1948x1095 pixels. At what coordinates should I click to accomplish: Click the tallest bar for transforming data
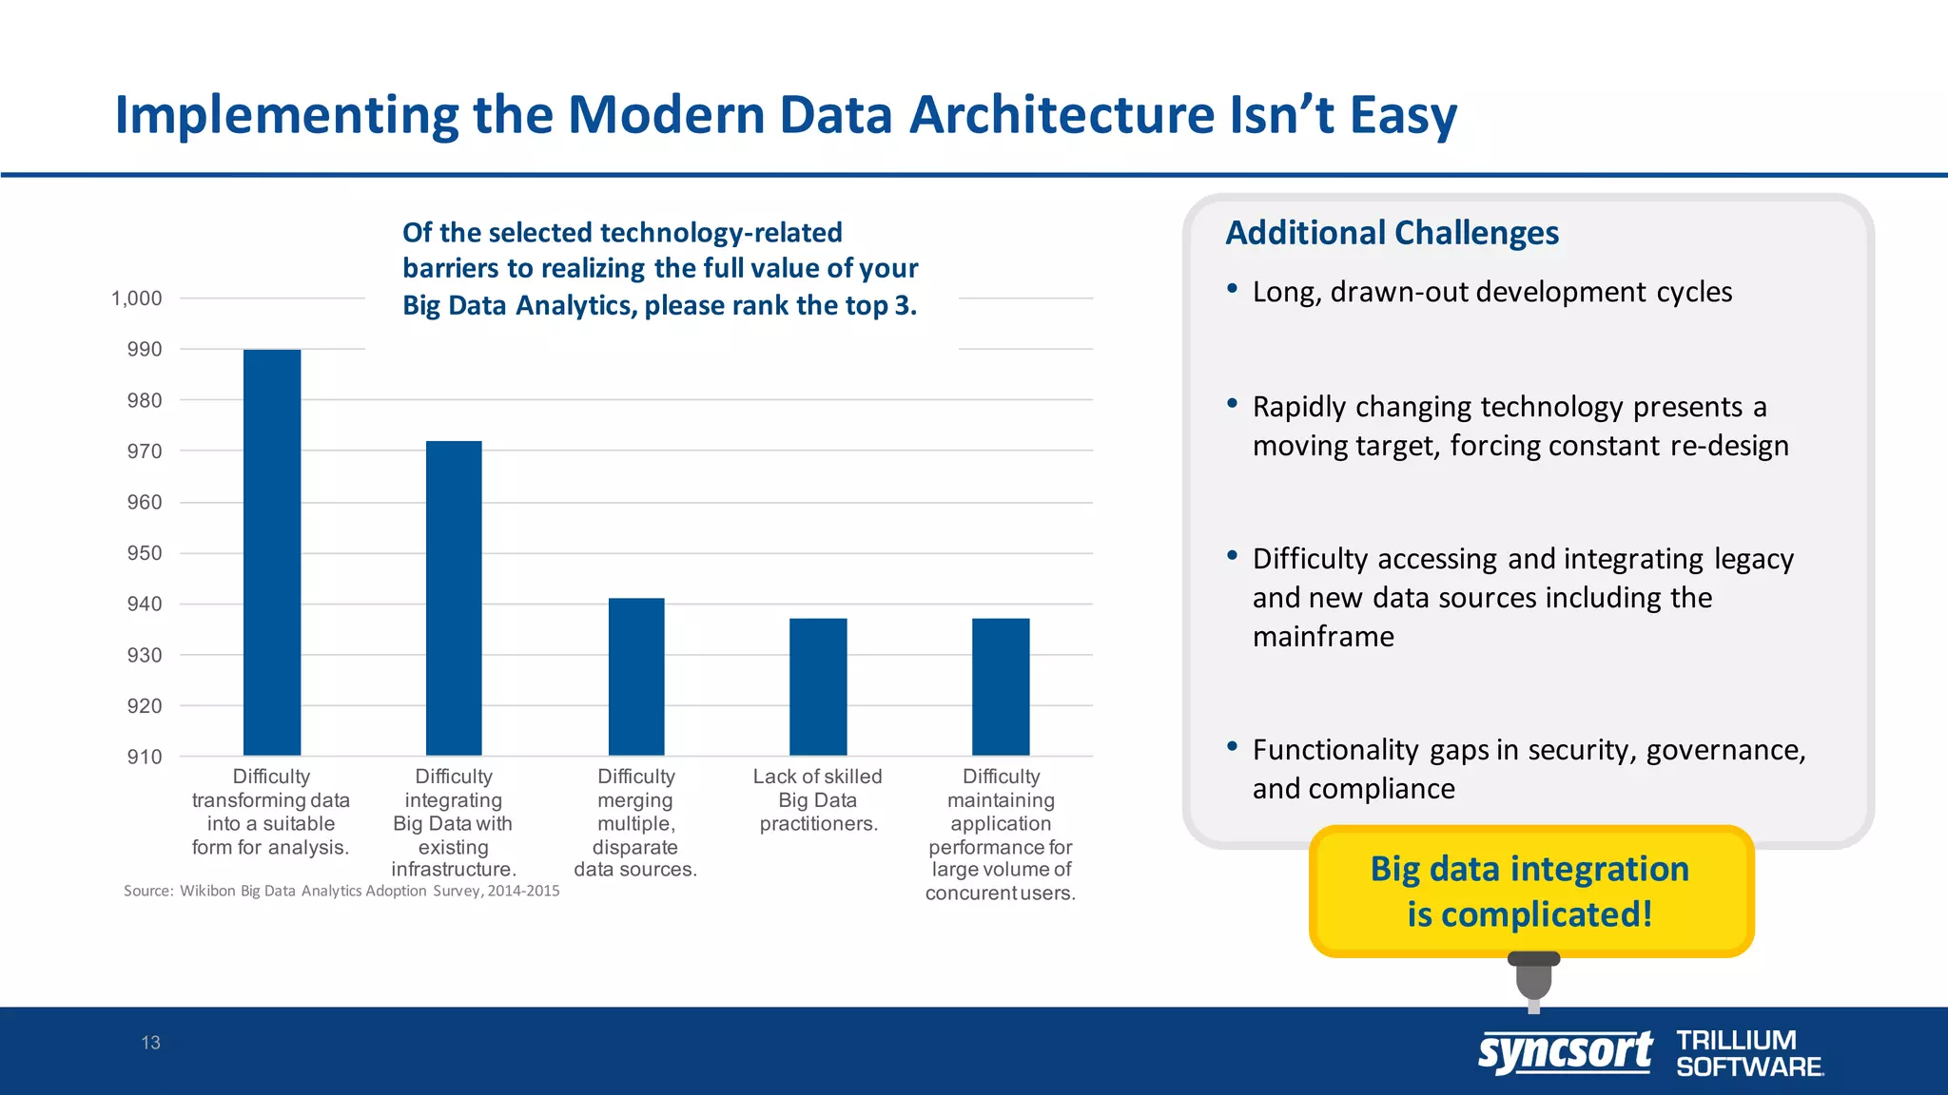272,551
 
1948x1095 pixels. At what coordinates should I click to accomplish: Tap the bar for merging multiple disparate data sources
636,676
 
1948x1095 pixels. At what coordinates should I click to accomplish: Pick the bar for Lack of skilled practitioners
818,686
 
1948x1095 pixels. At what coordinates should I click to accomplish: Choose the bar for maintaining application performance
1001,686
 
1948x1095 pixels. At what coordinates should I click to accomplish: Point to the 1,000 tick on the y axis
137,298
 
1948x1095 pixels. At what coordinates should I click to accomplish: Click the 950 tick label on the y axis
145,553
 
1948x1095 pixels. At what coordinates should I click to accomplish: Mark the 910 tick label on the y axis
145,757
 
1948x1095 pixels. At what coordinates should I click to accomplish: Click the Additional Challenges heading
1392,233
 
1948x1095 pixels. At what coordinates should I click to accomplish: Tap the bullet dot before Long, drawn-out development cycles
1232,288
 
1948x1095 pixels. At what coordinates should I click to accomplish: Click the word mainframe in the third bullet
1323,636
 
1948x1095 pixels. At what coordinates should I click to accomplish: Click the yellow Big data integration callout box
1530,891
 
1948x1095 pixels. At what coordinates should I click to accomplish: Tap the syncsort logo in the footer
1565,1053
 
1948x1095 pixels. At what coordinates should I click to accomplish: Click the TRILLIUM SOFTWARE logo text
1748,1053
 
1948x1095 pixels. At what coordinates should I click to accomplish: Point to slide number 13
150,1043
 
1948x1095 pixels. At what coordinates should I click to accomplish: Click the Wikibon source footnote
341,891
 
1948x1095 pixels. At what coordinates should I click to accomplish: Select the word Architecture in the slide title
1062,115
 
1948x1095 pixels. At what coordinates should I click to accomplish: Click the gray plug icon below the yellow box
1533,979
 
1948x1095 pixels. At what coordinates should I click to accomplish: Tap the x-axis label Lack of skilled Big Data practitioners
818,800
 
